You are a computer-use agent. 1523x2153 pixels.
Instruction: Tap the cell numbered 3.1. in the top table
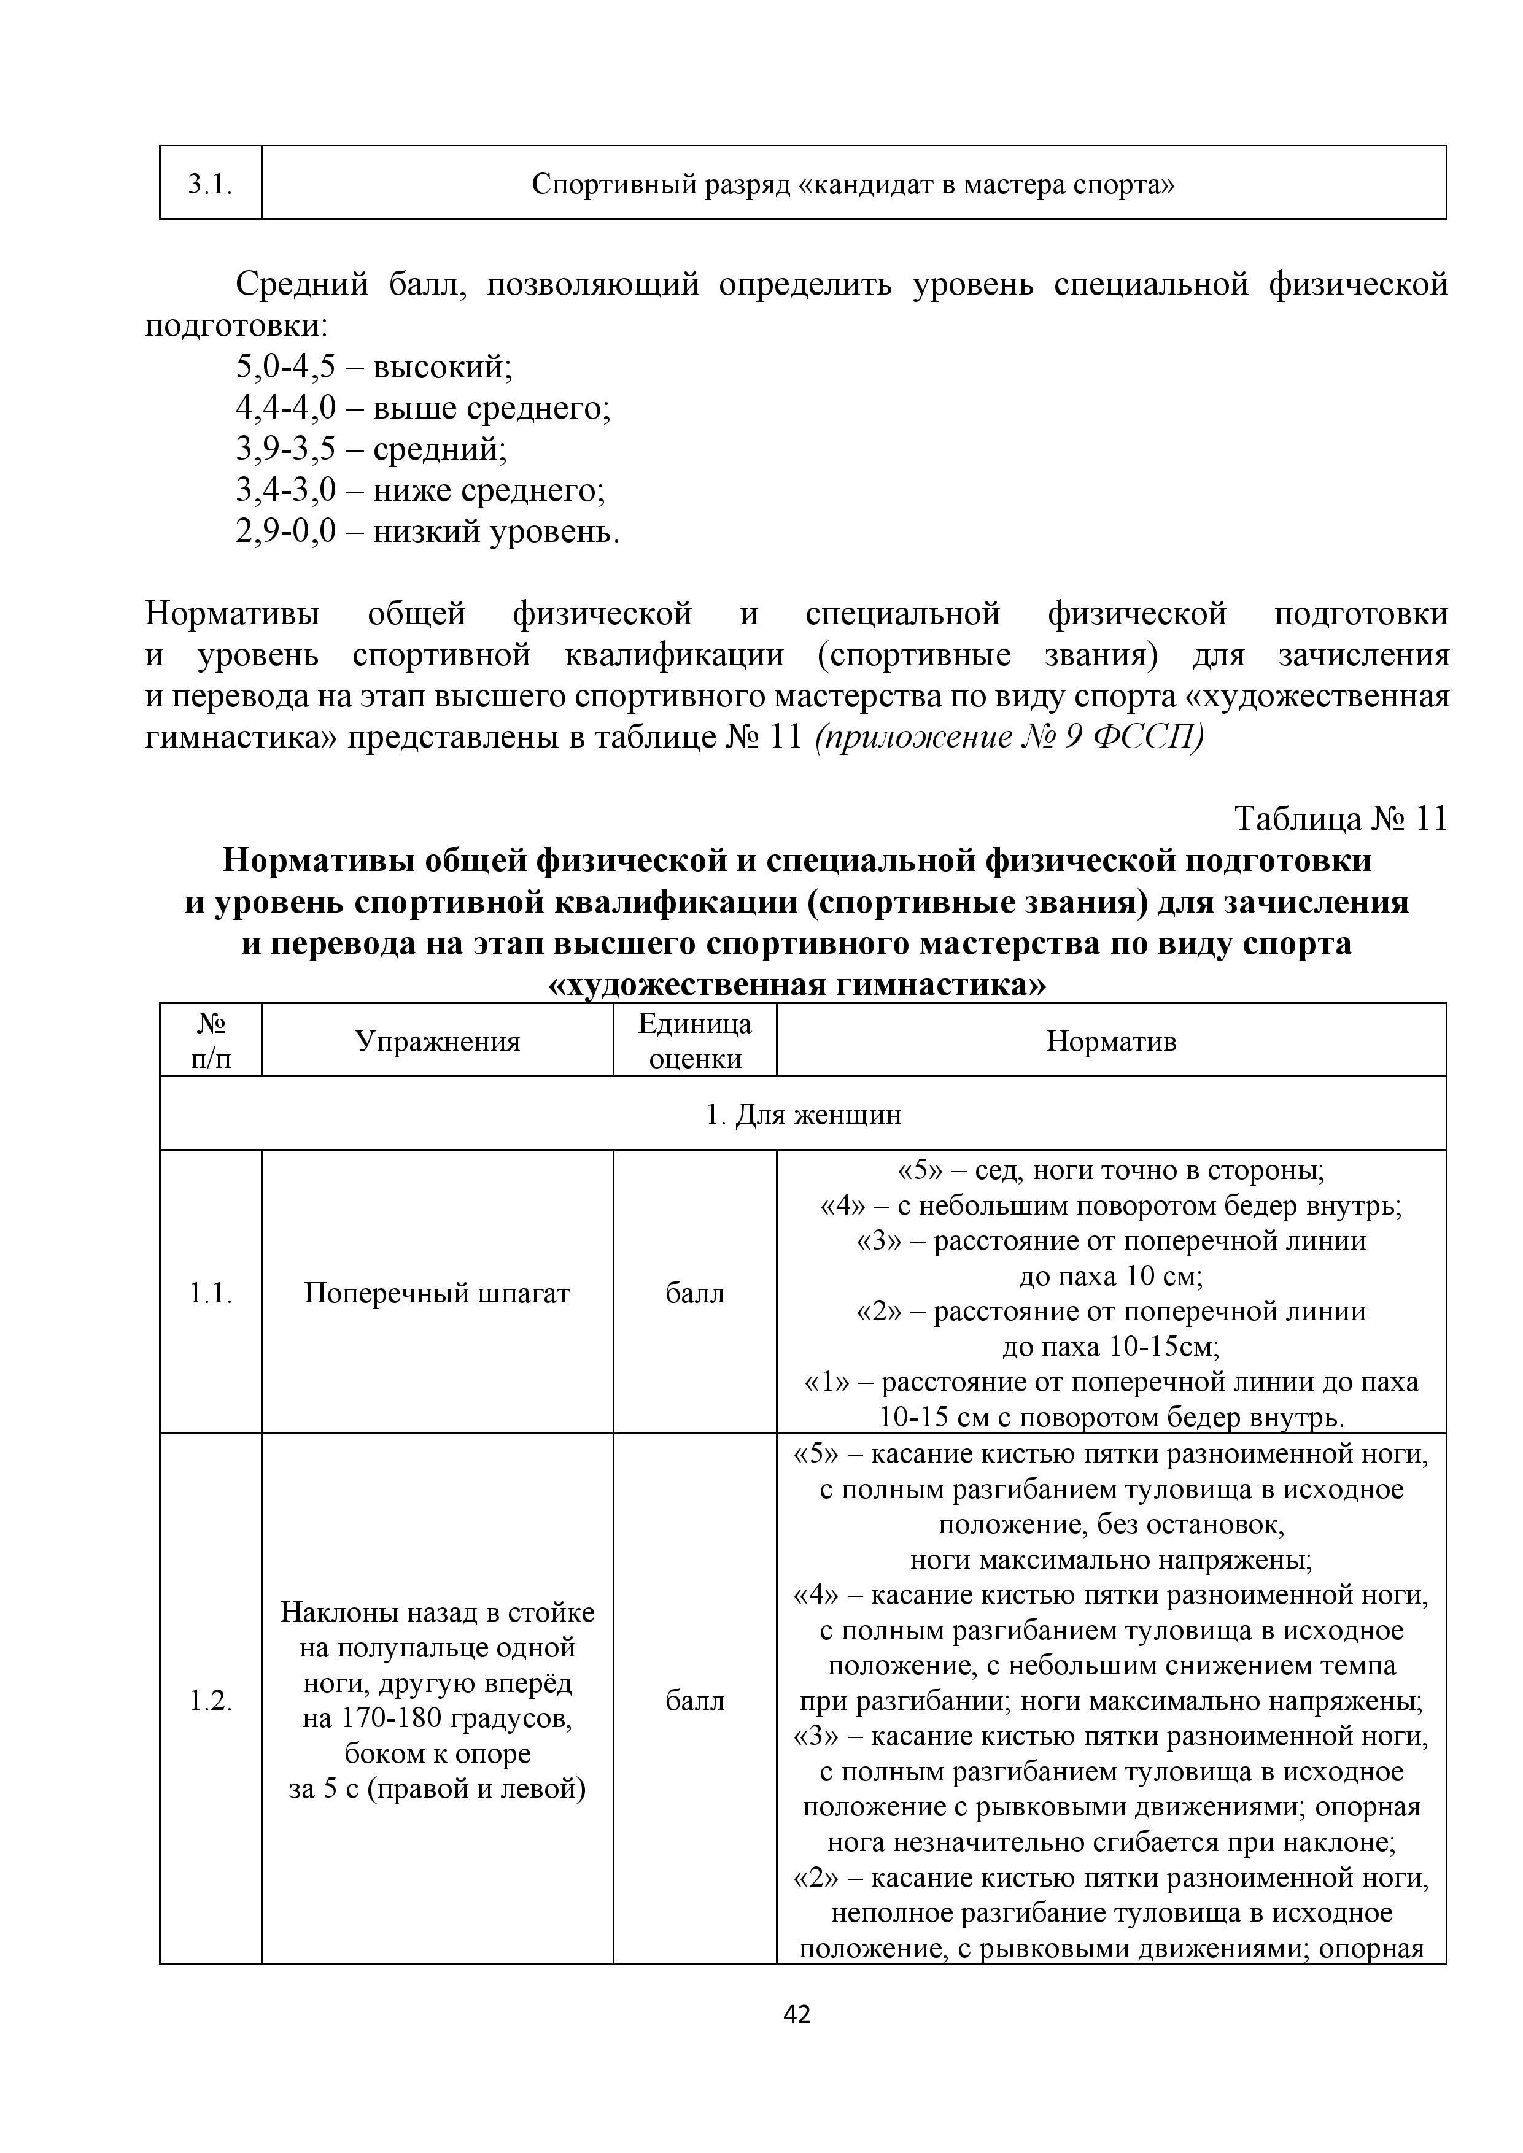point(210,184)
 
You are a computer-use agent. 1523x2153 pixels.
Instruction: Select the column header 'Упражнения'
point(437,1041)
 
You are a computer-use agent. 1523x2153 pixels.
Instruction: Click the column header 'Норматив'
point(1111,1041)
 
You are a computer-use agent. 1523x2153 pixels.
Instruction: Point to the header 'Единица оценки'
point(695,1041)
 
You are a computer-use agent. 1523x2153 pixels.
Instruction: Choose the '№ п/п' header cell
point(210,1041)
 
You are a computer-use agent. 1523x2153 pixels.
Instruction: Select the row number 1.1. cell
point(210,1293)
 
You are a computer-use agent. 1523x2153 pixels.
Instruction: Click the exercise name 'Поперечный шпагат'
point(437,1293)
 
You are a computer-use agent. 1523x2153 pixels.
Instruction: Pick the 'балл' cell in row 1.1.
point(695,1293)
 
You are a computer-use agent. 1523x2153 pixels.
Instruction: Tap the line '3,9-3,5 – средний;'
point(371,449)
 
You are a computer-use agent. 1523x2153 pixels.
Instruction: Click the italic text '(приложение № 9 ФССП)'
point(1009,737)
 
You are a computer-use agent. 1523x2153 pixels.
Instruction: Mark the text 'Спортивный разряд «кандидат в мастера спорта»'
point(853,184)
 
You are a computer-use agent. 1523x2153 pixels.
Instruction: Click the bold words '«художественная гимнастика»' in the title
point(796,984)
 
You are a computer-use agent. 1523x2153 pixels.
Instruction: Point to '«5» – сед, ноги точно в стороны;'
point(1111,1170)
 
